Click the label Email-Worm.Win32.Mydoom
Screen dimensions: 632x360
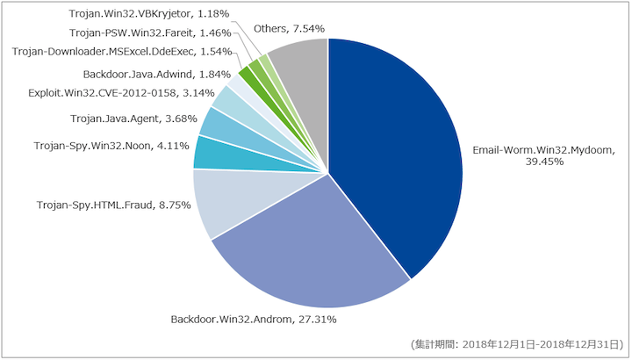544,150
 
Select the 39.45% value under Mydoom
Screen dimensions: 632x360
544,162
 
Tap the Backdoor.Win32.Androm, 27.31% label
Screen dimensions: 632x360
254,320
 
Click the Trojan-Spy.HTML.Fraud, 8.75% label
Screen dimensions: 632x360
113,205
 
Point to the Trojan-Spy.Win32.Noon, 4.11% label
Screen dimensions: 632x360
111,146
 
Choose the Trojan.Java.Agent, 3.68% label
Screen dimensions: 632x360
133,119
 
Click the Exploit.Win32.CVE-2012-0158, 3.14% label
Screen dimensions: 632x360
121,93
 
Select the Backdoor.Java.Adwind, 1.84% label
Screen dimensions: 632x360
157,74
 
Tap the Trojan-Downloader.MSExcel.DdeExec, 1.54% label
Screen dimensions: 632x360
122,52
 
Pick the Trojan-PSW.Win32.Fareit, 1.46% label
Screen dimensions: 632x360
150,32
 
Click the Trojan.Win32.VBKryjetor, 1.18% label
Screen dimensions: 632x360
148,14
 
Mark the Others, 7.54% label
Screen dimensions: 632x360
289,29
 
